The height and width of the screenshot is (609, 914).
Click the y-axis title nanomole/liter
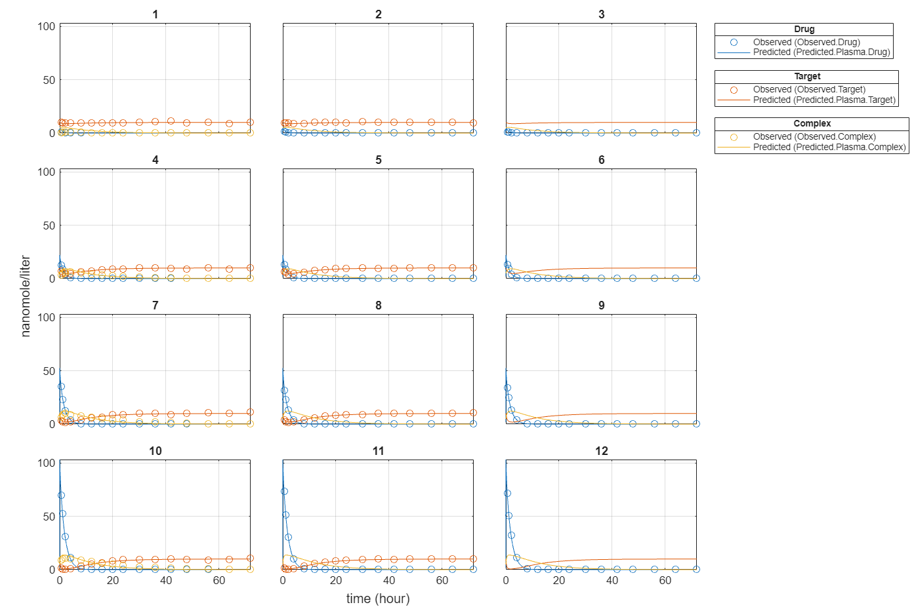(x=26, y=296)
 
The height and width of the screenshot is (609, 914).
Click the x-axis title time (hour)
(x=378, y=599)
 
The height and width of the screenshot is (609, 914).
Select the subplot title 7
(x=156, y=305)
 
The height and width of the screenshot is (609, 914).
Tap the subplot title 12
(x=601, y=451)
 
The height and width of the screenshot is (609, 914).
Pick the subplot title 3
(x=601, y=14)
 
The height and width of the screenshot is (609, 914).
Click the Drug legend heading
(x=804, y=29)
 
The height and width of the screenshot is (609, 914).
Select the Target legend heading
(x=806, y=77)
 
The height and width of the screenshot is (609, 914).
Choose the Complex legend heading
(x=812, y=124)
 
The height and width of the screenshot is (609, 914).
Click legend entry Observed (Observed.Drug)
(x=806, y=42)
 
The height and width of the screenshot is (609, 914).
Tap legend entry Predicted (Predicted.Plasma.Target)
(x=824, y=100)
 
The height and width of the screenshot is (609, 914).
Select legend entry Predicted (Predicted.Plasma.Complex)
(x=829, y=147)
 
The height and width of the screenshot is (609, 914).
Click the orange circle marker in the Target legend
(x=734, y=90)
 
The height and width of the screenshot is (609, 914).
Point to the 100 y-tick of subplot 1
(x=47, y=26)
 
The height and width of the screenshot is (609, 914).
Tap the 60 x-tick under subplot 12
(x=665, y=581)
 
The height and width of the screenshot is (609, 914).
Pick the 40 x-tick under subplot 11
(x=389, y=581)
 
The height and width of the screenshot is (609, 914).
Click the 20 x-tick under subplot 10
(x=113, y=581)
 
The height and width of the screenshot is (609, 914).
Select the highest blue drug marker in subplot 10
(x=61, y=496)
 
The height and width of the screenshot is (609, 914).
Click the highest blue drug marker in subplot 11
(x=284, y=491)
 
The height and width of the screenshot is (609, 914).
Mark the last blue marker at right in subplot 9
(x=696, y=423)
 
